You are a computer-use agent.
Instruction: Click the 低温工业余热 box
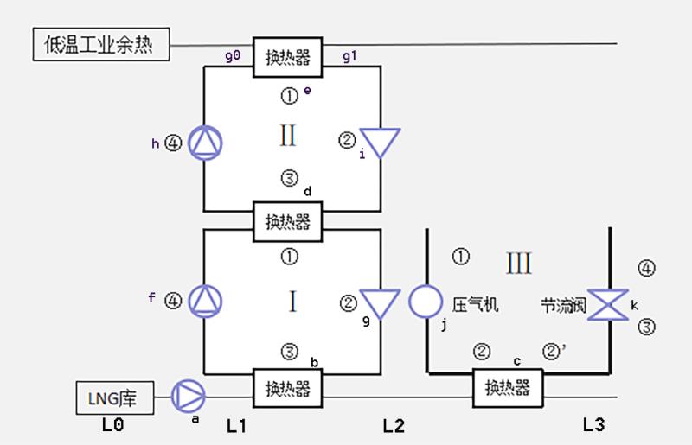click(101, 44)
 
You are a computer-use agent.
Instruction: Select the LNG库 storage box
click(115, 397)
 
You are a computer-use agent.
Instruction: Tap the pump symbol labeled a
click(188, 396)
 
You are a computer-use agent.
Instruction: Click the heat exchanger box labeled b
click(288, 388)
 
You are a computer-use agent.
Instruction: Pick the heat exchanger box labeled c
click(508, 388)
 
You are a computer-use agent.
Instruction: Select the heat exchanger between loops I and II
click(288, 221)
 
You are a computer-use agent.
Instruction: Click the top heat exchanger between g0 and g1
click(288, 57)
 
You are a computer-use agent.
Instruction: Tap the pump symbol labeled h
click(205, 143)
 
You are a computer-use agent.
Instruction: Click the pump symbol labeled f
click(205, 302)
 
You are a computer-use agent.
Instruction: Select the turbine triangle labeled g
click(380, 303)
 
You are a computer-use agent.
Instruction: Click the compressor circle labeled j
click(426, 302)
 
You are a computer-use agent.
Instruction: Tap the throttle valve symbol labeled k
click(608, 304)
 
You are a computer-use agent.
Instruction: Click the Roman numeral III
click(518, 264)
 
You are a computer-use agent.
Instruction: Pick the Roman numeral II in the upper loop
click(288, 135)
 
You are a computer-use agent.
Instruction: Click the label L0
click(113, 425)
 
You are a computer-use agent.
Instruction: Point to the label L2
click(394, 426)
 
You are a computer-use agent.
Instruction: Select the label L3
click(593, 425)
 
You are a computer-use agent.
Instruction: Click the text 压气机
click(475, 305)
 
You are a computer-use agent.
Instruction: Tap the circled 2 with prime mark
click(554, 351)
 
